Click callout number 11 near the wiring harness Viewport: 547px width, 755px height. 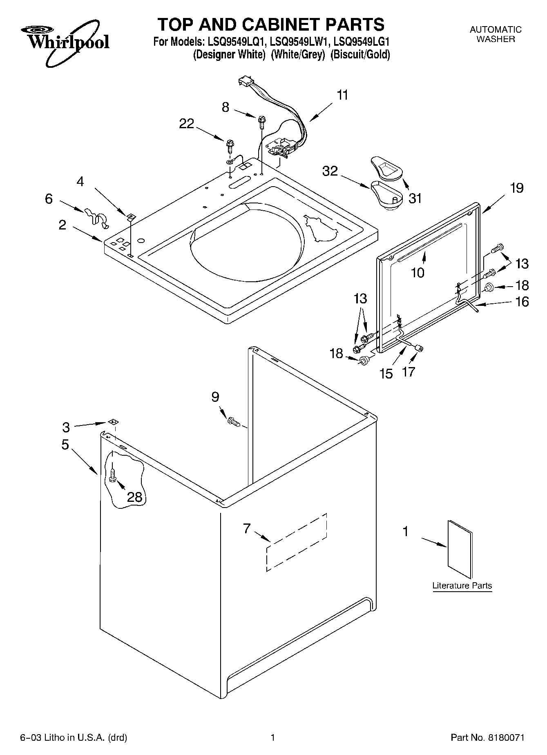(x=342, y=95)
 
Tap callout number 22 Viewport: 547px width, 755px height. (x=187, y=124)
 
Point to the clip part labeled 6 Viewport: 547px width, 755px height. (x=96, y=216)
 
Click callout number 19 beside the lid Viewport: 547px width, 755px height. (x=516, y=188)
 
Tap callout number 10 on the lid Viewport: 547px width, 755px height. (x=418, y=272)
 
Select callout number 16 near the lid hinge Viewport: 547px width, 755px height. (x=522, y=302)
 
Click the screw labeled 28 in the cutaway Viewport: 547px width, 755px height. (x=113, y=474)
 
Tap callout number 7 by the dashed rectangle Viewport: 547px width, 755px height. (x=246, y=528)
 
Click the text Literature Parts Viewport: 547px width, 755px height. (x=462, y=586)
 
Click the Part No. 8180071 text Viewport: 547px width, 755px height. (x=487, y=737)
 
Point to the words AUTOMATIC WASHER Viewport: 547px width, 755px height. (x=496, y=34)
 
